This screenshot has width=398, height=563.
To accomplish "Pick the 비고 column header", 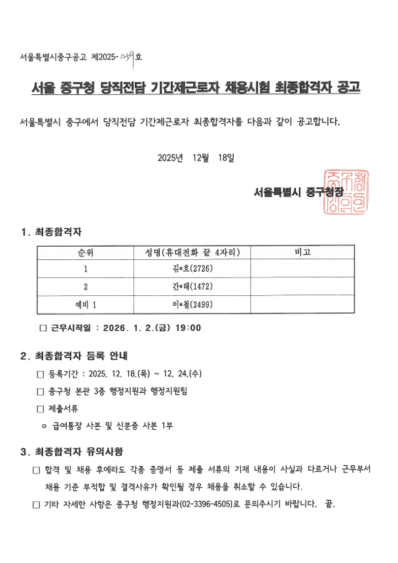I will (302, 252).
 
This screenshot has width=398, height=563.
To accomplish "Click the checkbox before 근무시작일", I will (43, 328).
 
